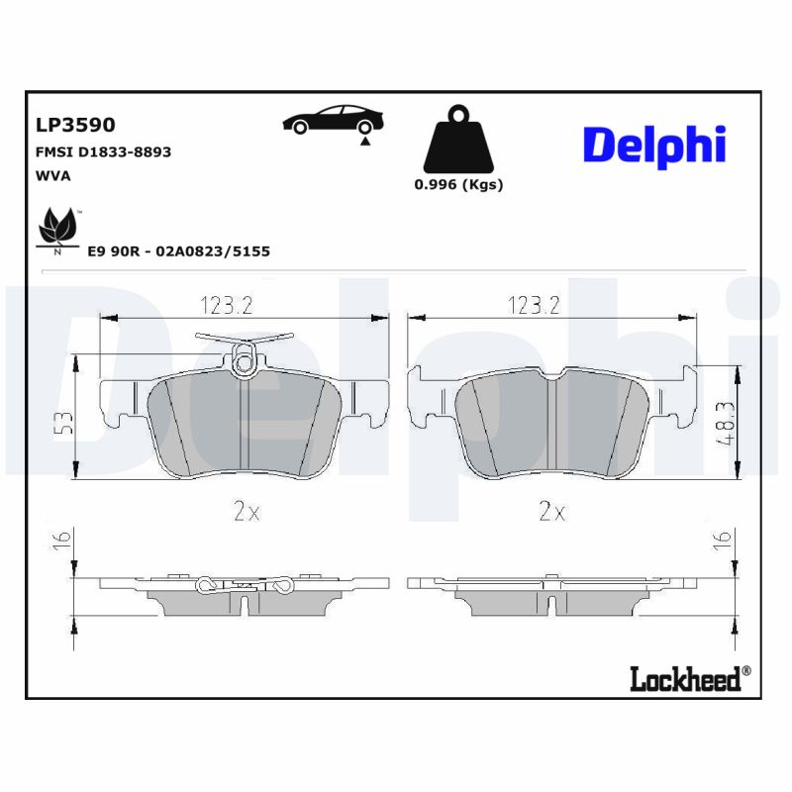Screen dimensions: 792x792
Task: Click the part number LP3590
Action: click(x=75, y=125)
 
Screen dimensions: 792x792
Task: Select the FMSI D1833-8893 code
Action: click(x=103, y=152)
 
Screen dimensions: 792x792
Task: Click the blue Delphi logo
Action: click(x=654, y=145)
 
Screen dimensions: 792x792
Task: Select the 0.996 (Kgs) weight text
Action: click(x=457, y=185)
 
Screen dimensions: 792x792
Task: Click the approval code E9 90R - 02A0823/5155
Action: click(x=179, y=251)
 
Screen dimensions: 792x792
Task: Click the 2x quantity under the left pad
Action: click(x=246, y=512)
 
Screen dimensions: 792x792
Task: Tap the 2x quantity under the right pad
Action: click(x=551, y=512)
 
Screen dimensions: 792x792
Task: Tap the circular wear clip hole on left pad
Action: click(x=245, y=365)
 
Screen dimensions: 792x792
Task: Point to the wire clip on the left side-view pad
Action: click(x=244, y=585)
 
